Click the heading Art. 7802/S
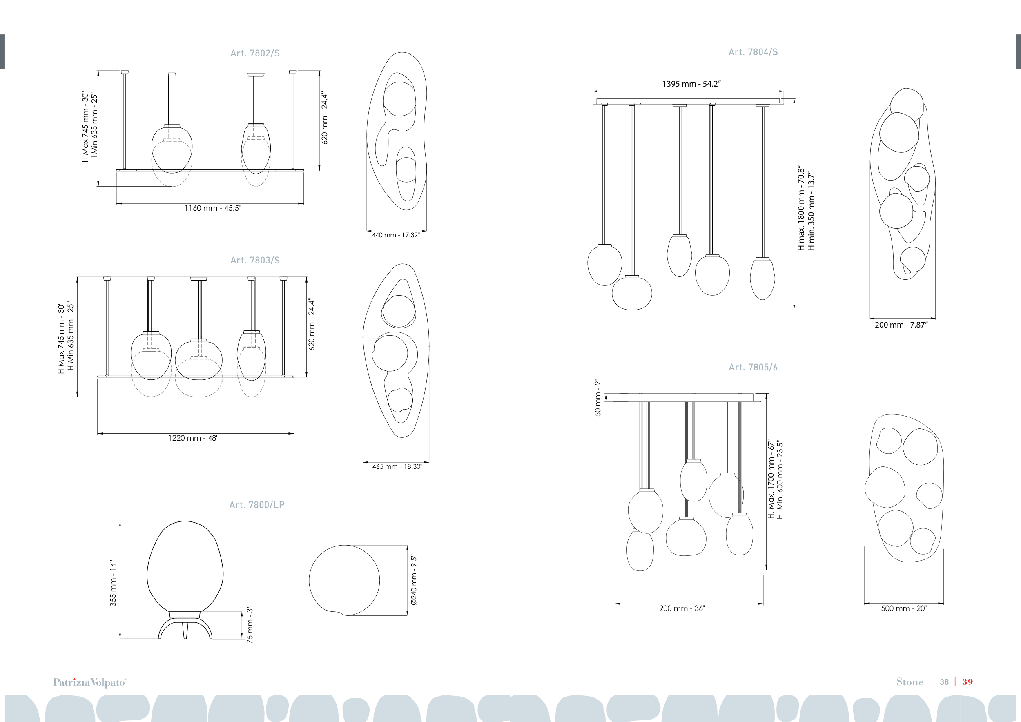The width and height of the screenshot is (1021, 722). coord(255,53)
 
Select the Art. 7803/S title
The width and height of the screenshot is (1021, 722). coord(255,261)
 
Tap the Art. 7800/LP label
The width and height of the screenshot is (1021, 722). coord(256,505)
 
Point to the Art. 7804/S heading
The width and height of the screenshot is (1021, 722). coord(753,52)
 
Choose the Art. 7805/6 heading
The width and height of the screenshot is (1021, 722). coord(753,367)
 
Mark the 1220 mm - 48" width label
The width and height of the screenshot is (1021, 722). coord(194,438)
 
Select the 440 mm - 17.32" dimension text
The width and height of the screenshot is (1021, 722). coord(396,235)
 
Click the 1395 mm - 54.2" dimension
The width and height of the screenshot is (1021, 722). coord(691,84)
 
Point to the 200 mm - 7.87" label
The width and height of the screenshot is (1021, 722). coord(901,325)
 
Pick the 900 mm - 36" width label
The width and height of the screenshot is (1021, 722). coord(682,608)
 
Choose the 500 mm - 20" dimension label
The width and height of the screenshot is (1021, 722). coord(904,608)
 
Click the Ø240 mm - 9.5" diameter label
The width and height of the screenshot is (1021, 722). coord(414,580)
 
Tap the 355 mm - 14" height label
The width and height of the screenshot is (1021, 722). coord(113,583)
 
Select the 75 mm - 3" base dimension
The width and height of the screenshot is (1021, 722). coord(250,625)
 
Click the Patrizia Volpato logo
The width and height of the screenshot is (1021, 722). coord(90,682)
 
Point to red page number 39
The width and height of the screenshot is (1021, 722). coord(967,682)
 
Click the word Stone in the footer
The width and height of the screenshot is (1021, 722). coord(910,682)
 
